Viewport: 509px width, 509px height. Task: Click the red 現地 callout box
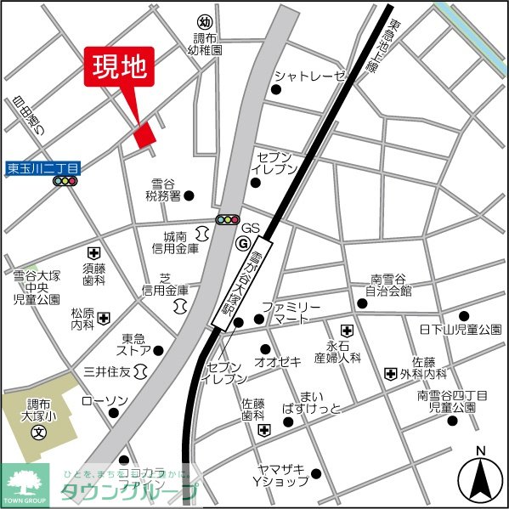click(119, 66)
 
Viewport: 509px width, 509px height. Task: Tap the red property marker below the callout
click(145, 134)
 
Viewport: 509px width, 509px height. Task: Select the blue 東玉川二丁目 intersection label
click(42, 168)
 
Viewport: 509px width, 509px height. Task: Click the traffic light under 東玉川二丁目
click(65, 181)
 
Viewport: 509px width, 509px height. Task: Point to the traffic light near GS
click(227, 219)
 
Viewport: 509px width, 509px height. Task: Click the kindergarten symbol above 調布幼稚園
click(204, 21)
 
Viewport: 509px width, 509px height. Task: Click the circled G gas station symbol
click(242, 243)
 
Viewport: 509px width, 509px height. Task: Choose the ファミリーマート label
click(291, 312)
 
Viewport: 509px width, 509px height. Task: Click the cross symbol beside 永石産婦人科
click(347, 330)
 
